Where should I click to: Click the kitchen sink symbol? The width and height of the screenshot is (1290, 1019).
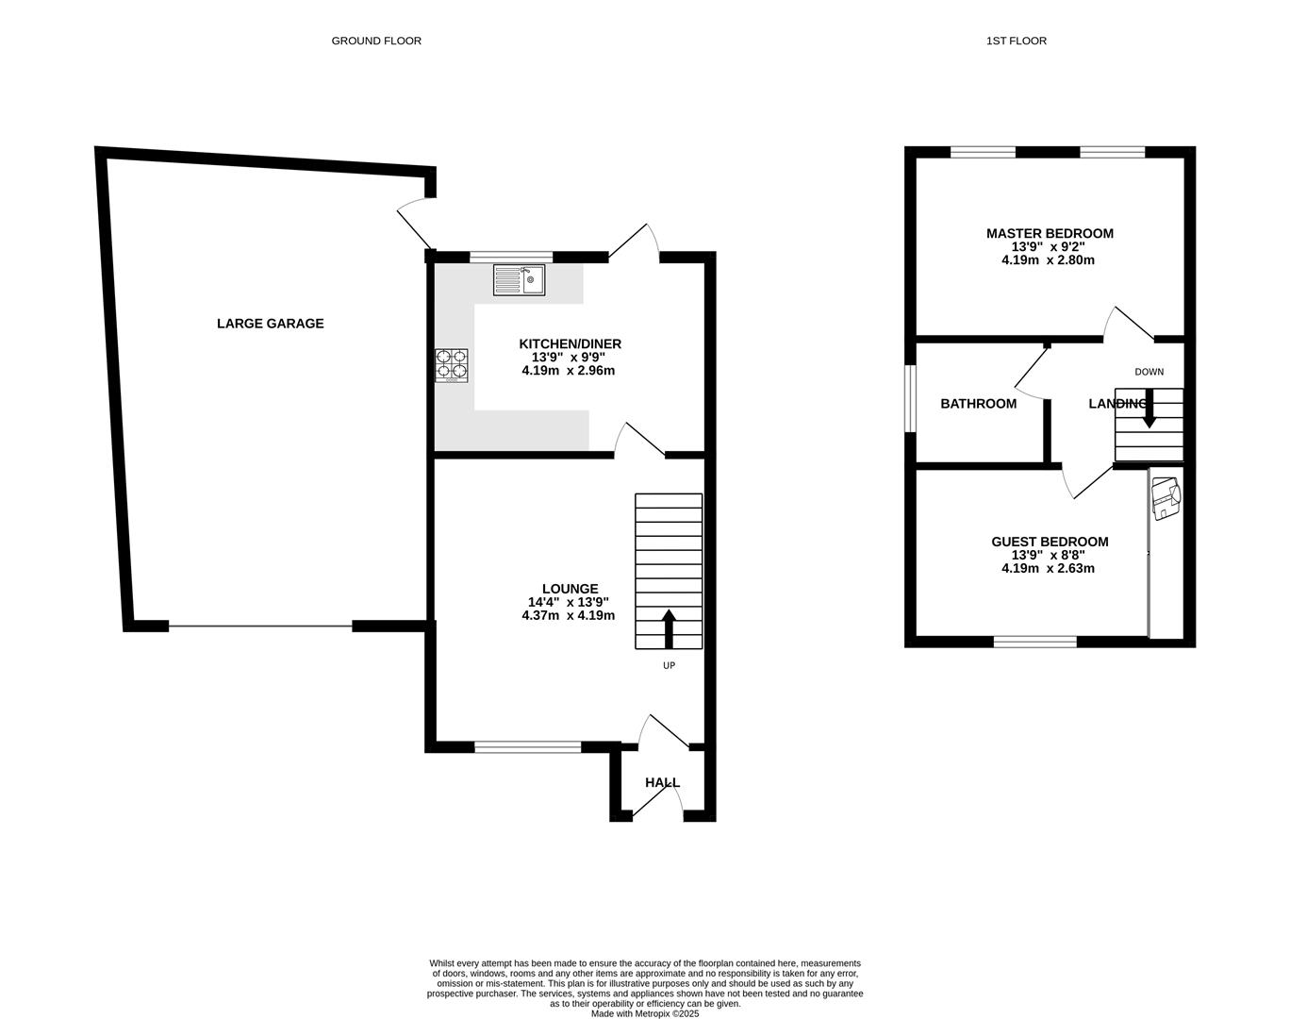(x=519, y=280)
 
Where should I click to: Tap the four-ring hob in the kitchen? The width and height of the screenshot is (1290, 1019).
(x=452, y=365)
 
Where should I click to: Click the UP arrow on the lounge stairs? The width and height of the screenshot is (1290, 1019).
(x=670, y=629)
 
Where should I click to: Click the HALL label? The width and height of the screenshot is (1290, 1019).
(x=662, y=783)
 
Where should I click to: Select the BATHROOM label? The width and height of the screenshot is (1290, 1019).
(x=979, y=404)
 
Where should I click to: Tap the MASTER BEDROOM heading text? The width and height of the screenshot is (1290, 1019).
(x=1050, y=234)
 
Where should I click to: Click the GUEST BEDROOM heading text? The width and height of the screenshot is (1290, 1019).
(x=1050, y=542)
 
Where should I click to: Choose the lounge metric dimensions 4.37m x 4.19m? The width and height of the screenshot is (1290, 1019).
(x=568, y=615)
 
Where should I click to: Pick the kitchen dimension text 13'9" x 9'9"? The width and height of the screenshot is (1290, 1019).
(x=570, y=358)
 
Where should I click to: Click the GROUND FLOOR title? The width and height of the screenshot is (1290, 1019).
(x=376, y=41)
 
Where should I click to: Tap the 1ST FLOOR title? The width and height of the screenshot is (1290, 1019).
(x=1016, y=41)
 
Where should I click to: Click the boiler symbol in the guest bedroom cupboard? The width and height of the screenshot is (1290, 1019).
(x=1166, y=498)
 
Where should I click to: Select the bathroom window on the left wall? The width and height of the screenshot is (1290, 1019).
(x=911, y=399)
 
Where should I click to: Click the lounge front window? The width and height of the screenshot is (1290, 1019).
(x=528, y=747)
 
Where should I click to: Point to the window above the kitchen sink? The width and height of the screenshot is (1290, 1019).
(x=511, y=257)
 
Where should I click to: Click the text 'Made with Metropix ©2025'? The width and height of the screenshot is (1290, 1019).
(x=645, y=1014)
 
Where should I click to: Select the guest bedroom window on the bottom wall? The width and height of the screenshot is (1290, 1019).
(x=1034, y=643)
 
